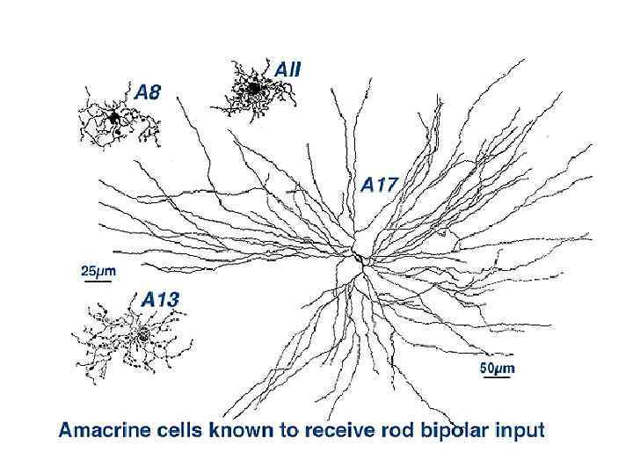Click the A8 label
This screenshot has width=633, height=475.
pyautogui.click(x=147, y=91)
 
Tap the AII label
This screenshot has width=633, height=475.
pyautogui.click(x=287, y=68)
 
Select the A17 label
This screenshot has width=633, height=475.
pyautogui.click(x=381, y=186)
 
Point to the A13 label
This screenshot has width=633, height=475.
pyautogui.click(x=160, y=300)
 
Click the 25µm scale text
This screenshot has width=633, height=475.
pyautogui.click(x=98, y=270)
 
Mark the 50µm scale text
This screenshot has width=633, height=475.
pyautogui.click(x=497, y=369)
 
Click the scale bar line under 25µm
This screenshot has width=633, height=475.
pyautogui.click(x=98, y=281)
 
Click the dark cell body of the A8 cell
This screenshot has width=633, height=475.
pyautogui.click(x=114, y=117)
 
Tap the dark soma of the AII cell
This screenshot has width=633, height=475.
pyautogui.click(x=253, y=88)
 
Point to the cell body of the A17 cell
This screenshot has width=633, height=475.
pyautogui.click(x=359, y=259)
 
